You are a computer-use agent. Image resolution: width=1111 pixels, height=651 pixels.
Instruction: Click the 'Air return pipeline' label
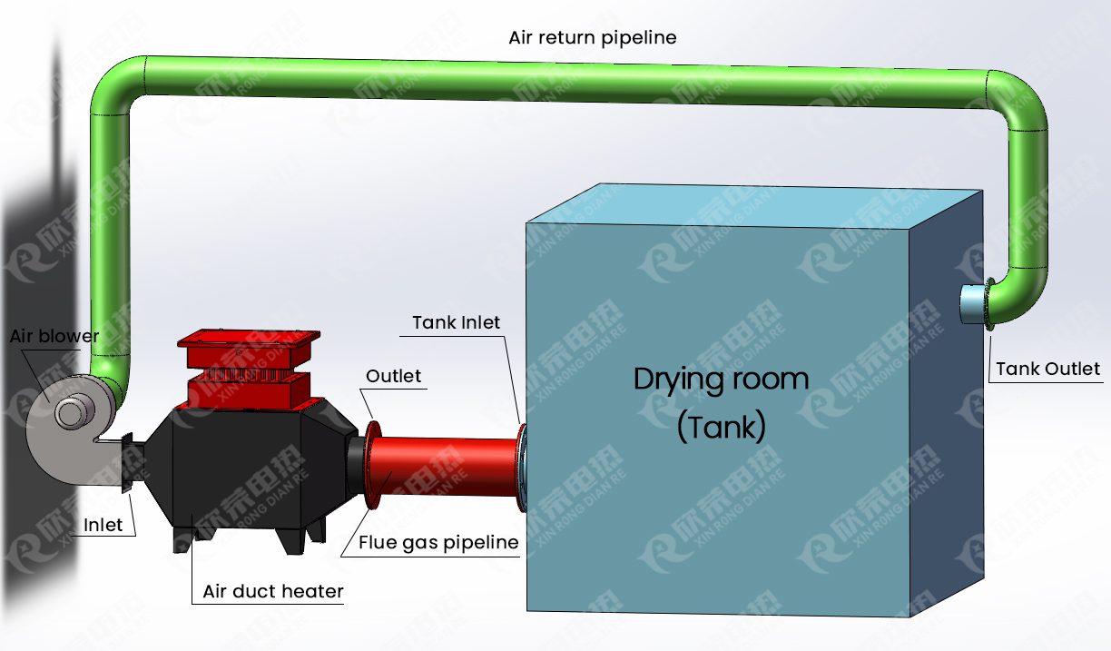[592, 37]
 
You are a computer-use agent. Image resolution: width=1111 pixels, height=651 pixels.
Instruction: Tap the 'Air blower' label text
[54, 336]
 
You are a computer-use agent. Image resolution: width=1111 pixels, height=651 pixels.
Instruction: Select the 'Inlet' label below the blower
[103, 525]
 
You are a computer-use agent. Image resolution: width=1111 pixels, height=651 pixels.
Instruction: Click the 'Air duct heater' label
[273, 591]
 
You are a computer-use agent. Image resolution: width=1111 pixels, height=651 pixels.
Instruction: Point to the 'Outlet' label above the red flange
[393, 376]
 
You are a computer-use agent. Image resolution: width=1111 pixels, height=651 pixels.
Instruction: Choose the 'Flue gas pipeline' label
[438, 542]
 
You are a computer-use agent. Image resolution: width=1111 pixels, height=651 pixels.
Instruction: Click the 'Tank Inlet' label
[456, 322]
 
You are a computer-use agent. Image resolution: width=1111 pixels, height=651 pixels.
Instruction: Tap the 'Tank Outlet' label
[1047, 369]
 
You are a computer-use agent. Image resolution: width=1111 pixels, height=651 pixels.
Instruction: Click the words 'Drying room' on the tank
[721, 378]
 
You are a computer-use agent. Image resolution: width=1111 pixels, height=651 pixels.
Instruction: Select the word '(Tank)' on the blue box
[722, 426]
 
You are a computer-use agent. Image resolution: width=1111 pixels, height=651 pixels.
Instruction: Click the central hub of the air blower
[68, 414]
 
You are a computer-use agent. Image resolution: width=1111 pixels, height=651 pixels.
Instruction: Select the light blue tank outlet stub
[974, 303]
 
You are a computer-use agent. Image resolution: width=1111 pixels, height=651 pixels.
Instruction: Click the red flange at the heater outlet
[373, 465]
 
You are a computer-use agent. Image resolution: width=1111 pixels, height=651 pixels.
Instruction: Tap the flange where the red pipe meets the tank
[521, 469]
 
